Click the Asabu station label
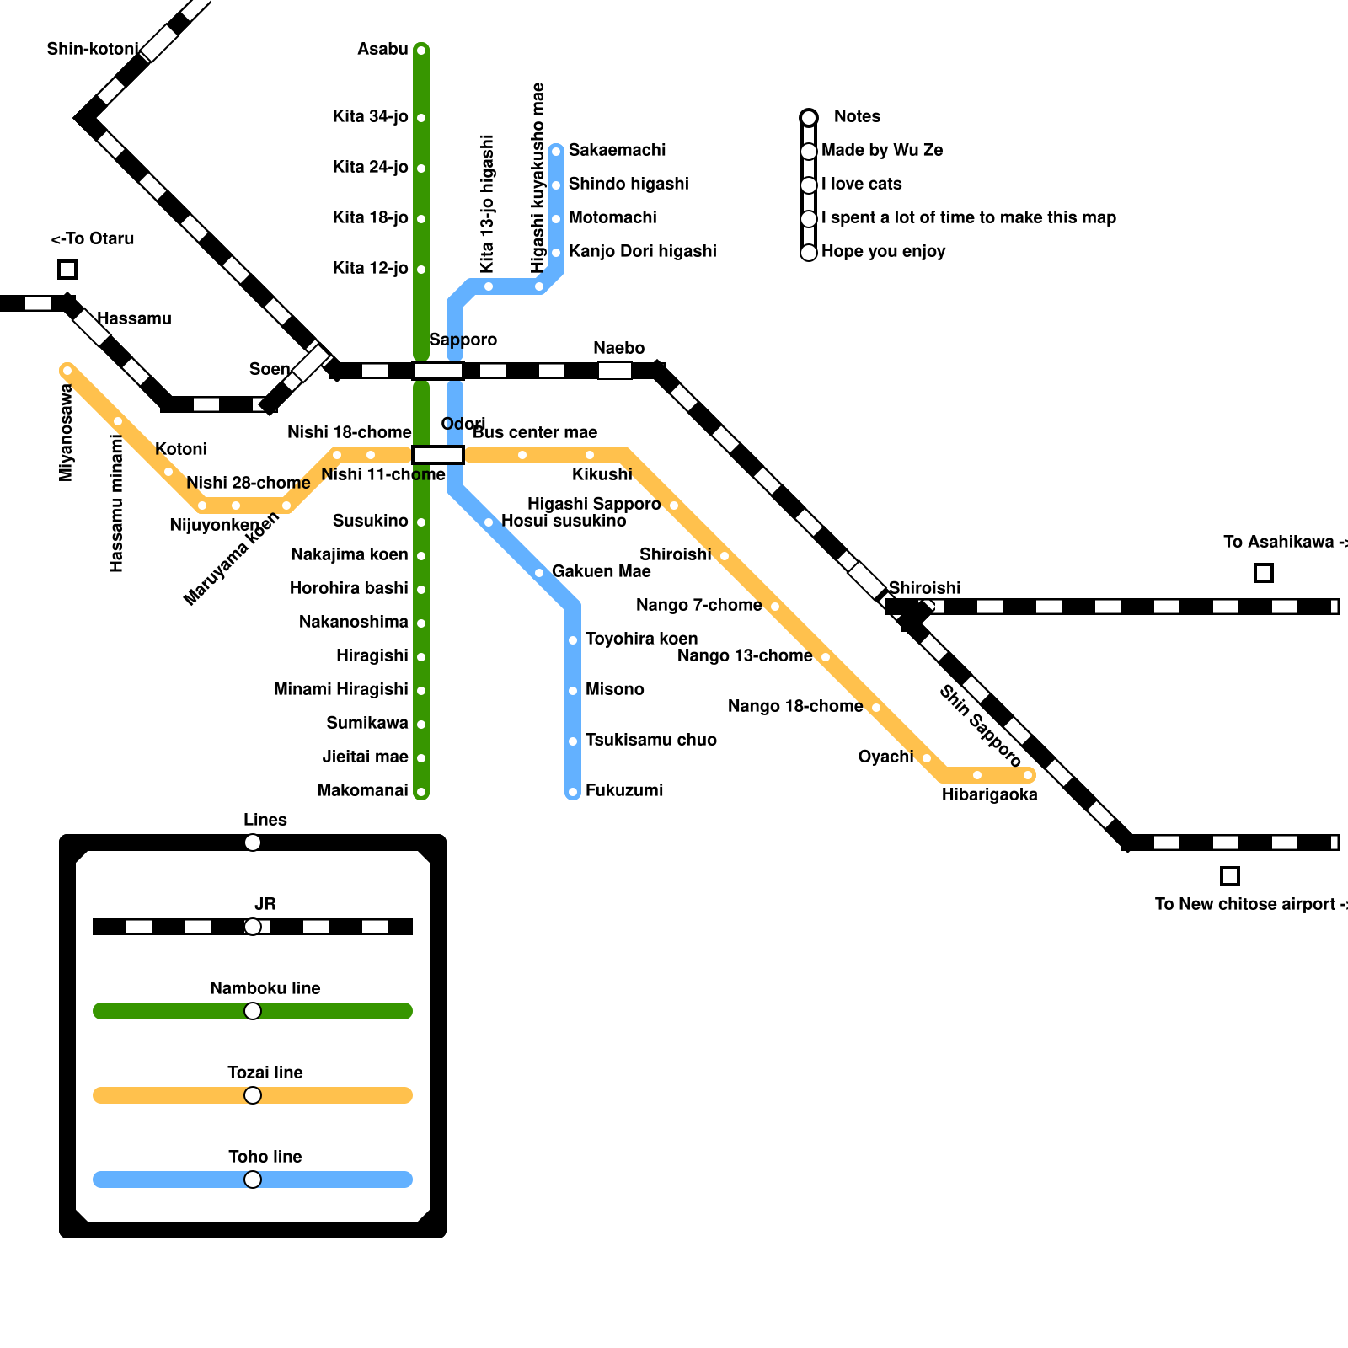pos(382,49)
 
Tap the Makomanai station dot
pos(421,792)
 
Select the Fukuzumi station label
pos(624,790)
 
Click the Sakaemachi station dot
pos(556,152)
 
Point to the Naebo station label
pos(618,348)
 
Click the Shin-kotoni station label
pos(92,49)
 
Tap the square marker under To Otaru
pos(67,270)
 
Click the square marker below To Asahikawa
pos(1263,573)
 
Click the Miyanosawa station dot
pos(67,371)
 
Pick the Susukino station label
pos(370,521)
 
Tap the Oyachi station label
pos(885,757)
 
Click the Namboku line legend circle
pos(253,1011)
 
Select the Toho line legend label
pos(265,1157)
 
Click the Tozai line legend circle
pos(253,1095)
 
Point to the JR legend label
pos(265,904)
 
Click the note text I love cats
pos(861,184)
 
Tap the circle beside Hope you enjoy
pos(809,253)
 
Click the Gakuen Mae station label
pos(601,571)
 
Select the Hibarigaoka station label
pos(989,794)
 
